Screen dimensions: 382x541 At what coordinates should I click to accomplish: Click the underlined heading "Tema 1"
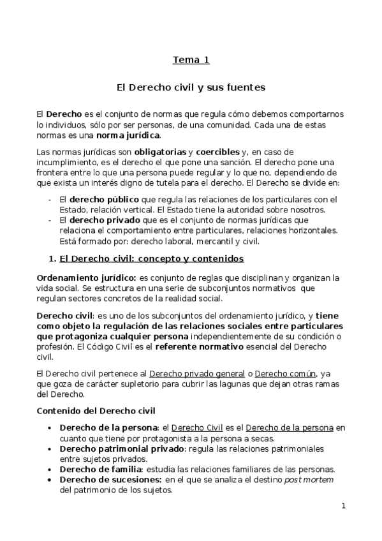click(191, 61)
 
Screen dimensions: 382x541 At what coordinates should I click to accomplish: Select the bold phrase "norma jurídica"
click(129, 135)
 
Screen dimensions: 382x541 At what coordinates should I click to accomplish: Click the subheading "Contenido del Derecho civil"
click(96, 410)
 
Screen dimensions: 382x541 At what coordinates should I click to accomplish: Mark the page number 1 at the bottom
click(343, 507)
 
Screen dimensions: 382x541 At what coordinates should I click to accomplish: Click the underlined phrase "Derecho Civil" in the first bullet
click(197, 427)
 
